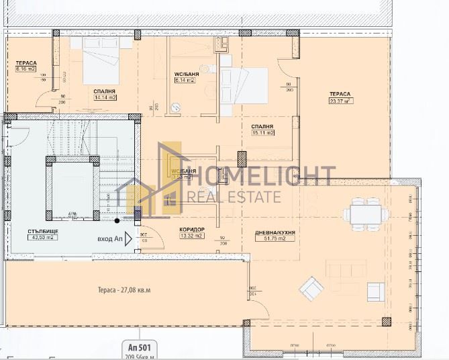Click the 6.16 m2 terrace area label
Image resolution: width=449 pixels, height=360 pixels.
pyautogui.click(x=26, y=69)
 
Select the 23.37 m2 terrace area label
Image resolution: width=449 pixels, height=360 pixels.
pyautogui.click(x=341, y=101)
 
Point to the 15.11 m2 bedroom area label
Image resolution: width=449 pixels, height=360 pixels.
pyautogui.click(x=262, y=133)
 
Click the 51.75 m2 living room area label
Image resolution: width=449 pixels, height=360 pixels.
pyautogui.click(x=275, y=238)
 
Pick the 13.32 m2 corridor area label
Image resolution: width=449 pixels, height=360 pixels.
pyautogui.click(x=191, y=236)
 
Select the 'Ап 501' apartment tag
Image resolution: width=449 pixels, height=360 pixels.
pyautogui.click(x=140, y=347)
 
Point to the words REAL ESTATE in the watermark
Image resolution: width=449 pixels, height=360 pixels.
pyautogui.click(x=234, y=197)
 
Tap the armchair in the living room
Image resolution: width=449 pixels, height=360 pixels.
pyautogui.click(x=311, y=289)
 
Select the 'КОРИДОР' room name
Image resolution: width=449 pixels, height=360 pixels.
pyautogui.click(x=192, y=230)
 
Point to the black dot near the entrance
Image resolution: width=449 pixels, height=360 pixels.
pyautogui.click(x=117, y=220)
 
